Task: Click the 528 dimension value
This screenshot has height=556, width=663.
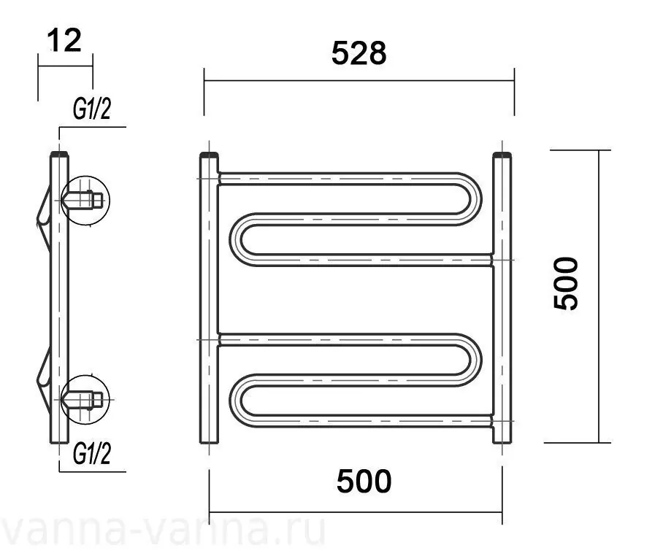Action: (359, 53)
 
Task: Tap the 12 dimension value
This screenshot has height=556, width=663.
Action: (64, 41)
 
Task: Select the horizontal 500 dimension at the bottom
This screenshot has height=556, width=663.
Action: (364, 482)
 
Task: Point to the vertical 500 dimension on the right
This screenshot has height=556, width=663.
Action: (565, 284)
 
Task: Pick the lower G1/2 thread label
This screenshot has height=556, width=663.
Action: (92, 454)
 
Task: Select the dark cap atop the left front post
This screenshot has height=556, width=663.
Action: (209, 155)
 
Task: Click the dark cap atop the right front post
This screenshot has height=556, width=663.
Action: (502, 155)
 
